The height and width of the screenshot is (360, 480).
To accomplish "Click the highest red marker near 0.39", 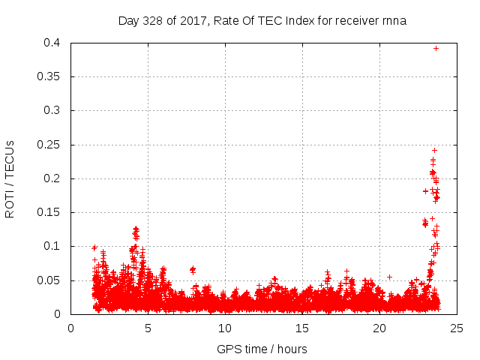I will click(436, 48).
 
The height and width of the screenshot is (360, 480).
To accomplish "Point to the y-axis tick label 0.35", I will click(52, 76).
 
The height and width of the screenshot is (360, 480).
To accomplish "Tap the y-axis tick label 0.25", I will click(52, 145).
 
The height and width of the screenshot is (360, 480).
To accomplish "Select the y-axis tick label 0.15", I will click(52, 212).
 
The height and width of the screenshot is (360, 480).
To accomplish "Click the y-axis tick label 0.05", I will click(52, 280).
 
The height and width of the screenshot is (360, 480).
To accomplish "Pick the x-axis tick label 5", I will click(148, 328).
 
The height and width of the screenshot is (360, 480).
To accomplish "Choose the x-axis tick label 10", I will click(225, 328).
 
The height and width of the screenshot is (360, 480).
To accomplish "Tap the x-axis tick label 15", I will click(302, 328).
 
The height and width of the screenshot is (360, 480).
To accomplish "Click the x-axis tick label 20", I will click(379, 328).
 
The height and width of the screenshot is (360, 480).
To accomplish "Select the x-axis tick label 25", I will click(457, 328).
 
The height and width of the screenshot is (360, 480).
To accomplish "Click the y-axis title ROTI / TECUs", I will click(10, 178).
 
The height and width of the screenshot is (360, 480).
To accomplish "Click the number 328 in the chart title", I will click(154, 20).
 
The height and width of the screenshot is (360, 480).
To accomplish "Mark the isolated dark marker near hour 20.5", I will click(389, 277).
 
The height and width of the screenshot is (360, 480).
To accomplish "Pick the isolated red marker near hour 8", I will click(193, 269).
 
